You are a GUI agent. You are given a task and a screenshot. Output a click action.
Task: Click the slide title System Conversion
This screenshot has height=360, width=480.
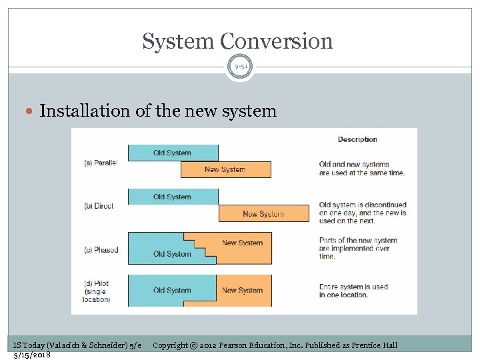point(237,41)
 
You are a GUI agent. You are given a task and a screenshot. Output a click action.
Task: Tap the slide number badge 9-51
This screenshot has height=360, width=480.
point(240,67)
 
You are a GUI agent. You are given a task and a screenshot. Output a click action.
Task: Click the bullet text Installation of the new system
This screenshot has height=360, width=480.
point(158,111)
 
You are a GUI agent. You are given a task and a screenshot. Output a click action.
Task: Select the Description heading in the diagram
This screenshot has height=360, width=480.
point(357,139)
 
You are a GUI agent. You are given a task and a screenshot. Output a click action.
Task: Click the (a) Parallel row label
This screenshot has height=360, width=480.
point(100,163)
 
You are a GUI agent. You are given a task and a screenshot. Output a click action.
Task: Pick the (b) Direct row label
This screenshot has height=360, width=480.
point(99,206)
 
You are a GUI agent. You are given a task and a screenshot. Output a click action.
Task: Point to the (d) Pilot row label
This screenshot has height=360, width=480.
point(97,291)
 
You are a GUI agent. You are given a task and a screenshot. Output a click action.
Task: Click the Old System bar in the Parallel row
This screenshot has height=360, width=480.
point(172,153)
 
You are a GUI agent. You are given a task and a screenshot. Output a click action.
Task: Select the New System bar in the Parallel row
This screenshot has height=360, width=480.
point(225,169)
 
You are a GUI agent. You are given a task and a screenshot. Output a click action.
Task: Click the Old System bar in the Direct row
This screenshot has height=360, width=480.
point(172,197)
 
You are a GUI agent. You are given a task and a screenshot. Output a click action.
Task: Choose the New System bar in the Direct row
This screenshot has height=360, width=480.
point(263,214)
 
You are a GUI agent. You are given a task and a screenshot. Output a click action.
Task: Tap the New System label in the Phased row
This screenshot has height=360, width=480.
point(242,243)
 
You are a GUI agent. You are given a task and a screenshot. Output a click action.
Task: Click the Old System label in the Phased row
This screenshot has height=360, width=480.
point(172,254)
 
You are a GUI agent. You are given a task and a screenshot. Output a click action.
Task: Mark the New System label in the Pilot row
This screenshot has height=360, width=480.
point(242,290)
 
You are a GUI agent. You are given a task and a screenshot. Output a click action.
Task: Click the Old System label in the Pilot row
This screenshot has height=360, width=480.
point(172,290)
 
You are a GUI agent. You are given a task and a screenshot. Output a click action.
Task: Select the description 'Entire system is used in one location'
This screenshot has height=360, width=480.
point(353,291)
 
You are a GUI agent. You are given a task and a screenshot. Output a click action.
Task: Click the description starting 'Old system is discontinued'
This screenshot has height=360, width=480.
point(363,213)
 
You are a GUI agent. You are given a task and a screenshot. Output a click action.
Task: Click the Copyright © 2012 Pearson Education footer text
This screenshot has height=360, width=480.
point(275,345)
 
